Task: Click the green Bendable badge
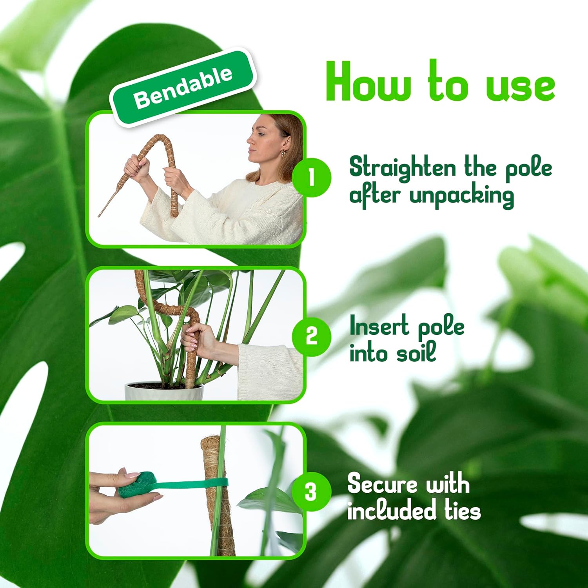[183, 87]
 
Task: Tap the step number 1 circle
[312, 177]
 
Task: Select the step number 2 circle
[312, 336]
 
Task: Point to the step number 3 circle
[311, 492]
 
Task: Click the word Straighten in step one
[403, 167]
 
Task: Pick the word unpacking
[461, 196]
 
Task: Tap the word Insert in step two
[379, 326]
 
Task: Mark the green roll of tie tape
[137, 485]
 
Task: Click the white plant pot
[164, 392]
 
